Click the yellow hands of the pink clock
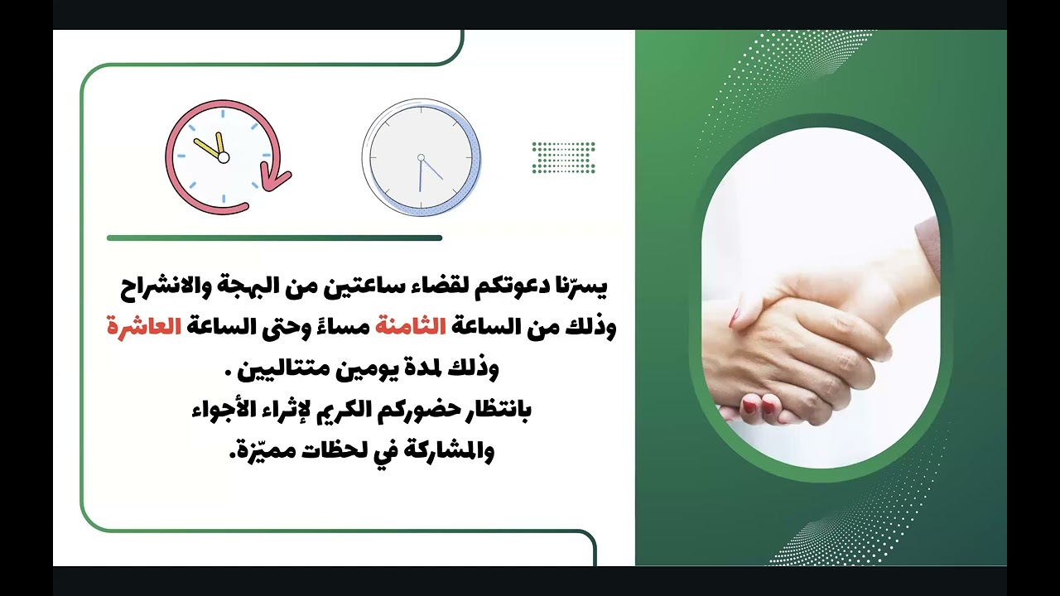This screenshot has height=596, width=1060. coord(212,147)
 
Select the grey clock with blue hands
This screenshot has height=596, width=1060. coord(421,157)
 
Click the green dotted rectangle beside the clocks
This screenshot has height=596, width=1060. coord(563,157)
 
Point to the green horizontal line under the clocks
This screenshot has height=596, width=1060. coord(274,238)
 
